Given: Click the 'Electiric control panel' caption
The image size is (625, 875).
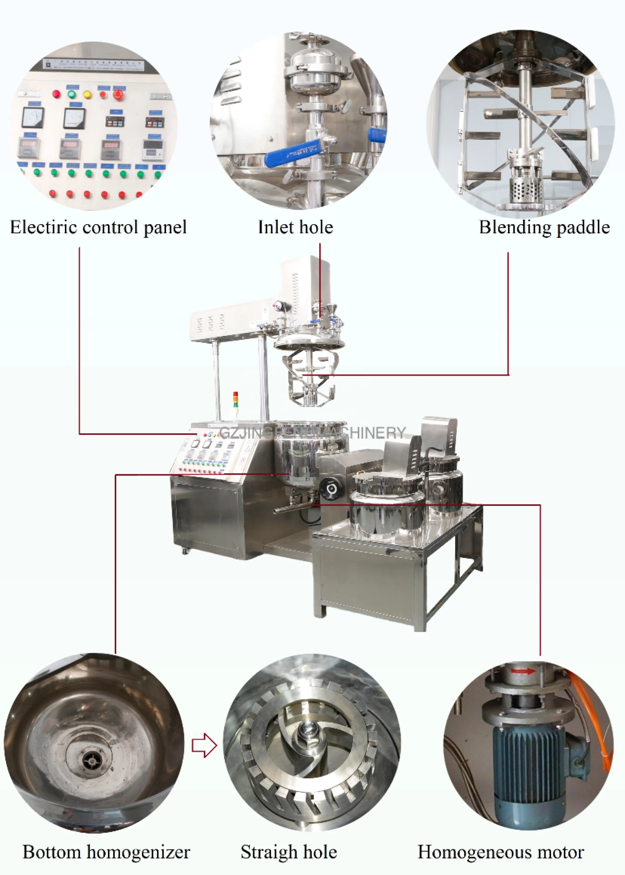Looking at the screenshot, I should [98, 227].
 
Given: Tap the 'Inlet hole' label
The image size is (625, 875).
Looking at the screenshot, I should [295, 227].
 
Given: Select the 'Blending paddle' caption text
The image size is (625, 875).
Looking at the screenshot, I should [544, 227].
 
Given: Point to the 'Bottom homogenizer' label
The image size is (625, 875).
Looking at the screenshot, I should [106, 852].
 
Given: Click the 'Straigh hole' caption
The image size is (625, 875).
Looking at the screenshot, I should [289, 852].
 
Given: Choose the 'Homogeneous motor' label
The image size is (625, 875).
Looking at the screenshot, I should [501, 852].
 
